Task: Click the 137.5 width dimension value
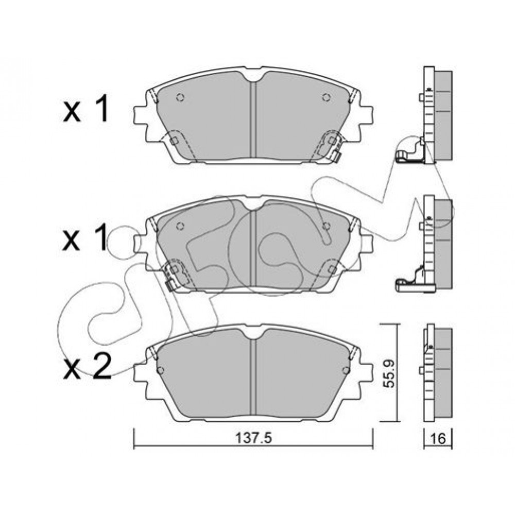[254, 438]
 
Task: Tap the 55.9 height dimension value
[390, 373]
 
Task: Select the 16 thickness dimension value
[438, 438]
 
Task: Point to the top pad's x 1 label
[86, 110]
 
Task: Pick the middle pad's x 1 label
[85, 237]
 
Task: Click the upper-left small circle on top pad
[180, 97]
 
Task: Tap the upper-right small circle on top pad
[326, 97]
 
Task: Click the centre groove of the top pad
[253, 119]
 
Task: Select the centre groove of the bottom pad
[253, 377]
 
